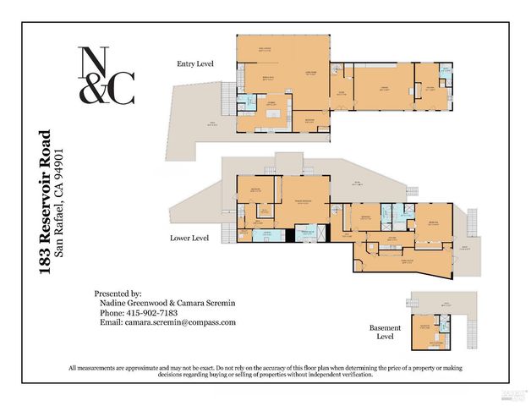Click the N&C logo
click(106, 75)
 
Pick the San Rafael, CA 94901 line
click(60, 201)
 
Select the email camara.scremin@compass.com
click(167, 322)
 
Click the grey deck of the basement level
click(435, 304)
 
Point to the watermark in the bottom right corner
click(512, 393)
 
